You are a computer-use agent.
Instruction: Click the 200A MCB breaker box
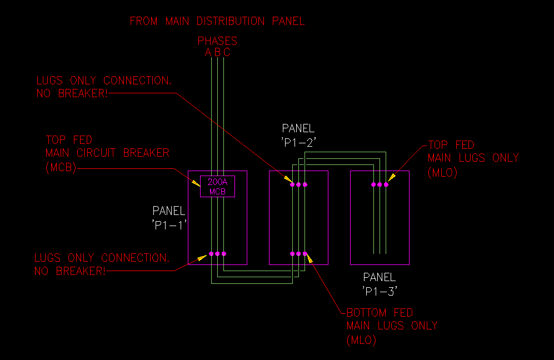pyautogui.click(x=217, y=186)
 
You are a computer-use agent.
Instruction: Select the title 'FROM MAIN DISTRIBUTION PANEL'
pyautogui.click(x=217, y=22)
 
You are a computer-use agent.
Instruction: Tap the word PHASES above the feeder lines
pyautogui.click(x=217, y=41)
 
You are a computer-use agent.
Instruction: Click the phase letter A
pyautogui.click(x=208, y=53)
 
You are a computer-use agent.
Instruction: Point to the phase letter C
pyautogui.click(x=227, y=53)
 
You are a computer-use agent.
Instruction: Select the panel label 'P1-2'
pyautogui.click(x=298, y=142)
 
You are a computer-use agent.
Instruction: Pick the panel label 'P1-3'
pyautogui.click(x=380, y=290)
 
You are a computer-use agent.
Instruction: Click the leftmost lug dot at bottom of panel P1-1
pyautogui.click(x=211, y=254)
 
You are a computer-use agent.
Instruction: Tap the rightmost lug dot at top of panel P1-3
pyautogui.click(x=386, y=184)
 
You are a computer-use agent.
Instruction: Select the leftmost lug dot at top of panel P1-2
pyautogui.click(x=292, y=184)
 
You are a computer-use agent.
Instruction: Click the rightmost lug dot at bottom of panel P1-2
pyautogui.click(x=305, y=254)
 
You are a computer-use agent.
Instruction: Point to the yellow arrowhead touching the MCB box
pyautogui.click(x=196, y=178)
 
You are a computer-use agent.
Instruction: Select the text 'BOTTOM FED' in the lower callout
pyautogui.click(x=380, y=313)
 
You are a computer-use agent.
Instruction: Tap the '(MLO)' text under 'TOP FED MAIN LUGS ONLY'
pyautogui.click(x=442, y=172)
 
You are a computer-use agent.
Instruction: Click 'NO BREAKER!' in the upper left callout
pyautogui.click(x=72, y=93)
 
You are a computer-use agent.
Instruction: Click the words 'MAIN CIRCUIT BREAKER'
pyautogui.click(x=107, y=153)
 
